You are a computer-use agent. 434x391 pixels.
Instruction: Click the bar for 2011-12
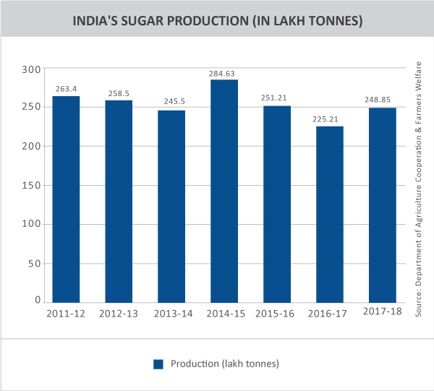67,199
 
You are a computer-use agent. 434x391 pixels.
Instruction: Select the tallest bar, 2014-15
224,191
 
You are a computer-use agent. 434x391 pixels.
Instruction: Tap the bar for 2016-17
330,214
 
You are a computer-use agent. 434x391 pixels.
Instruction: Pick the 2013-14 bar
172,206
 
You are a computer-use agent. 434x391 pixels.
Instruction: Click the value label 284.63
224,73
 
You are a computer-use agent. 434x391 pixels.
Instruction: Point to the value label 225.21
330,120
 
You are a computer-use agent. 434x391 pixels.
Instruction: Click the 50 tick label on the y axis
34,262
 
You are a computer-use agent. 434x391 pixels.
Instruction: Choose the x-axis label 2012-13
119,314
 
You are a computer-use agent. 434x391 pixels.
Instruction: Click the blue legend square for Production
158,364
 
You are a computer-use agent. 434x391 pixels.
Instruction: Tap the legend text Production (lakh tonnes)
225,363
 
